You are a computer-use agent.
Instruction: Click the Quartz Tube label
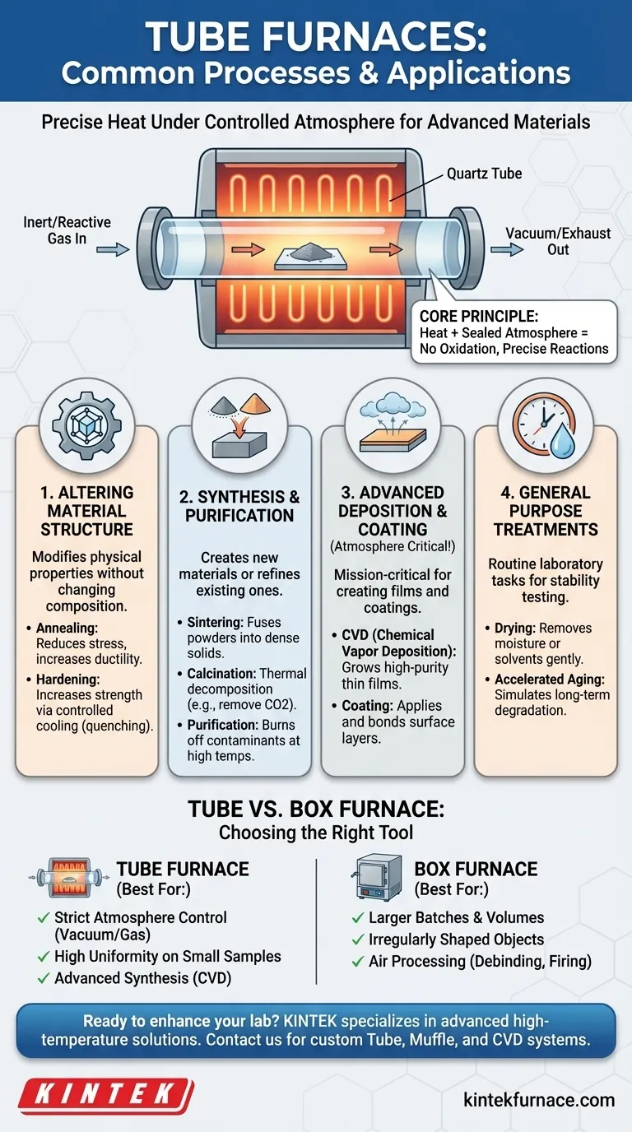(484, 174)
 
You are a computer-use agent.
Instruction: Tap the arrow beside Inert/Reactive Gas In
(118, 248)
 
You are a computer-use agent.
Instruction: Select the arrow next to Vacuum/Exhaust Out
(512, 248)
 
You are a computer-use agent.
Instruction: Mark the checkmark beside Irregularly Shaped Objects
(357, 939)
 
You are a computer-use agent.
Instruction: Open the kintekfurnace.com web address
(539, 1099)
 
